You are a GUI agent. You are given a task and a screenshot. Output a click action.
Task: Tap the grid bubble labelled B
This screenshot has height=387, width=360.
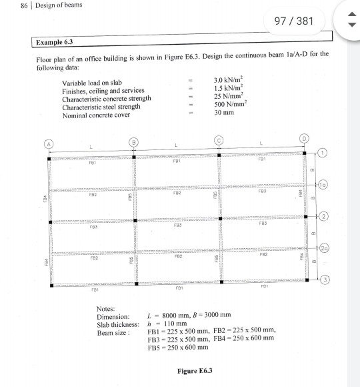(135, 142)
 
